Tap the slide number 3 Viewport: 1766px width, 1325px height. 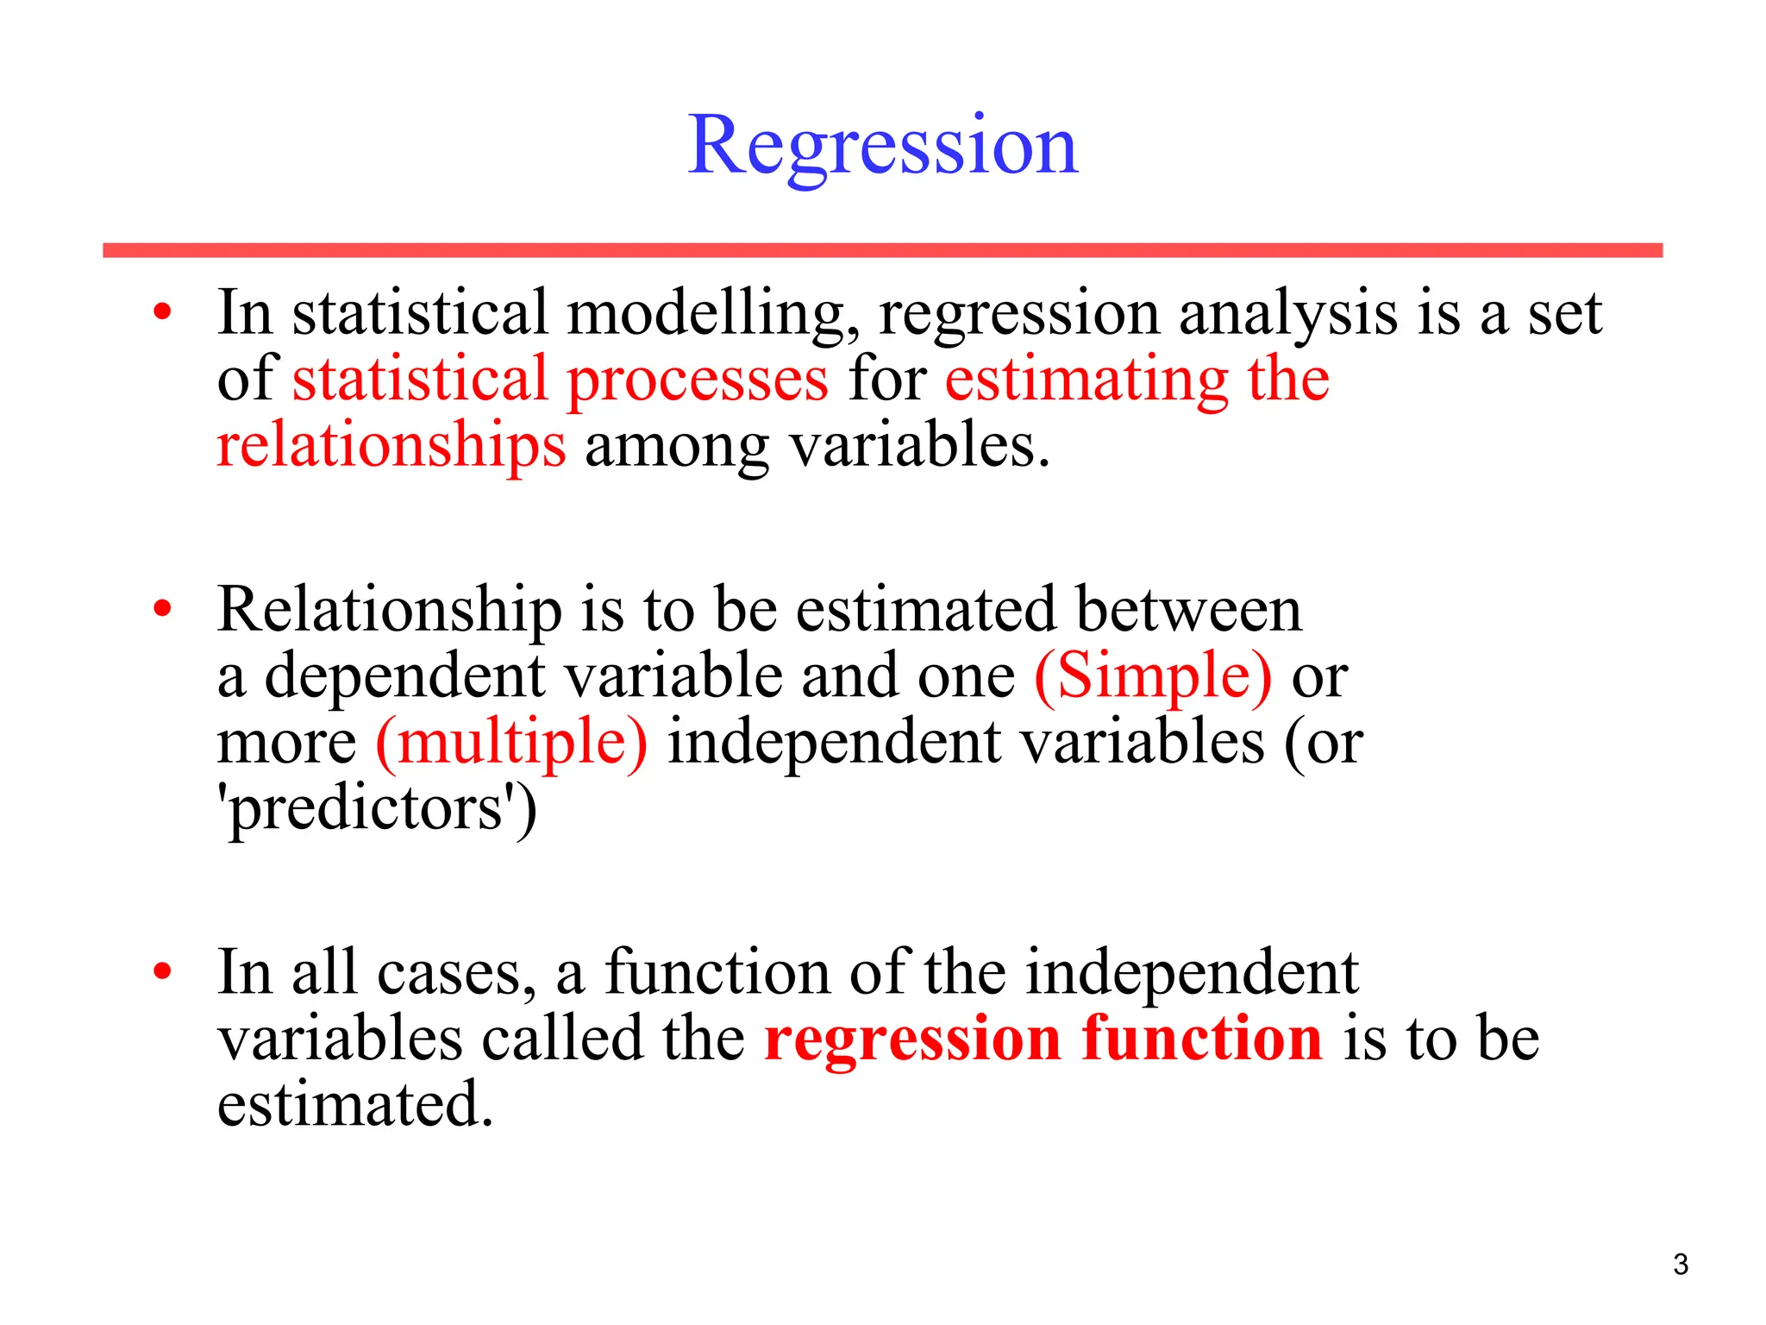pyautogui.click(x=1680, y=1265)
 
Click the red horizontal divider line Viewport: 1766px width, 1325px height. pyautogui.click(x=882, y=250)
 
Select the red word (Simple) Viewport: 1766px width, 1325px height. pyautogui.click(x=1152, y=675)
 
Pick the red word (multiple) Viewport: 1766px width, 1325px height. pyautogui.click(x=511, y=742)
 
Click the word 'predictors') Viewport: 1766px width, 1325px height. pyautogui.click(x=377, y=808)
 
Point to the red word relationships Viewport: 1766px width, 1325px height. pyautogui.click(x=391, y=445)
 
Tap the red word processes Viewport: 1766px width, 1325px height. pyautogui.click(x=697, y=380)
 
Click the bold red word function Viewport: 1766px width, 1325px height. pyautogui.click(x=1201, y=1038)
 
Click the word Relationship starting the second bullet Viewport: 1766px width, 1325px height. pyautogui.click(x=389, y=610)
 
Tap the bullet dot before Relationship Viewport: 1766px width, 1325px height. pyautogui.click(x=162, y=610)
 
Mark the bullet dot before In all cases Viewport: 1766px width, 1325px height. pyautogui.click(x=162, y=972)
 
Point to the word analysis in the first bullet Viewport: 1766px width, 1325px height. pyautogui.click(x=1287, y=313)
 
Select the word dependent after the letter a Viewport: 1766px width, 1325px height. pyautogui.click(x=404, y=676)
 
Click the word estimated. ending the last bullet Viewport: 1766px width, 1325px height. pyautogui.click(x=354, y=1103)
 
